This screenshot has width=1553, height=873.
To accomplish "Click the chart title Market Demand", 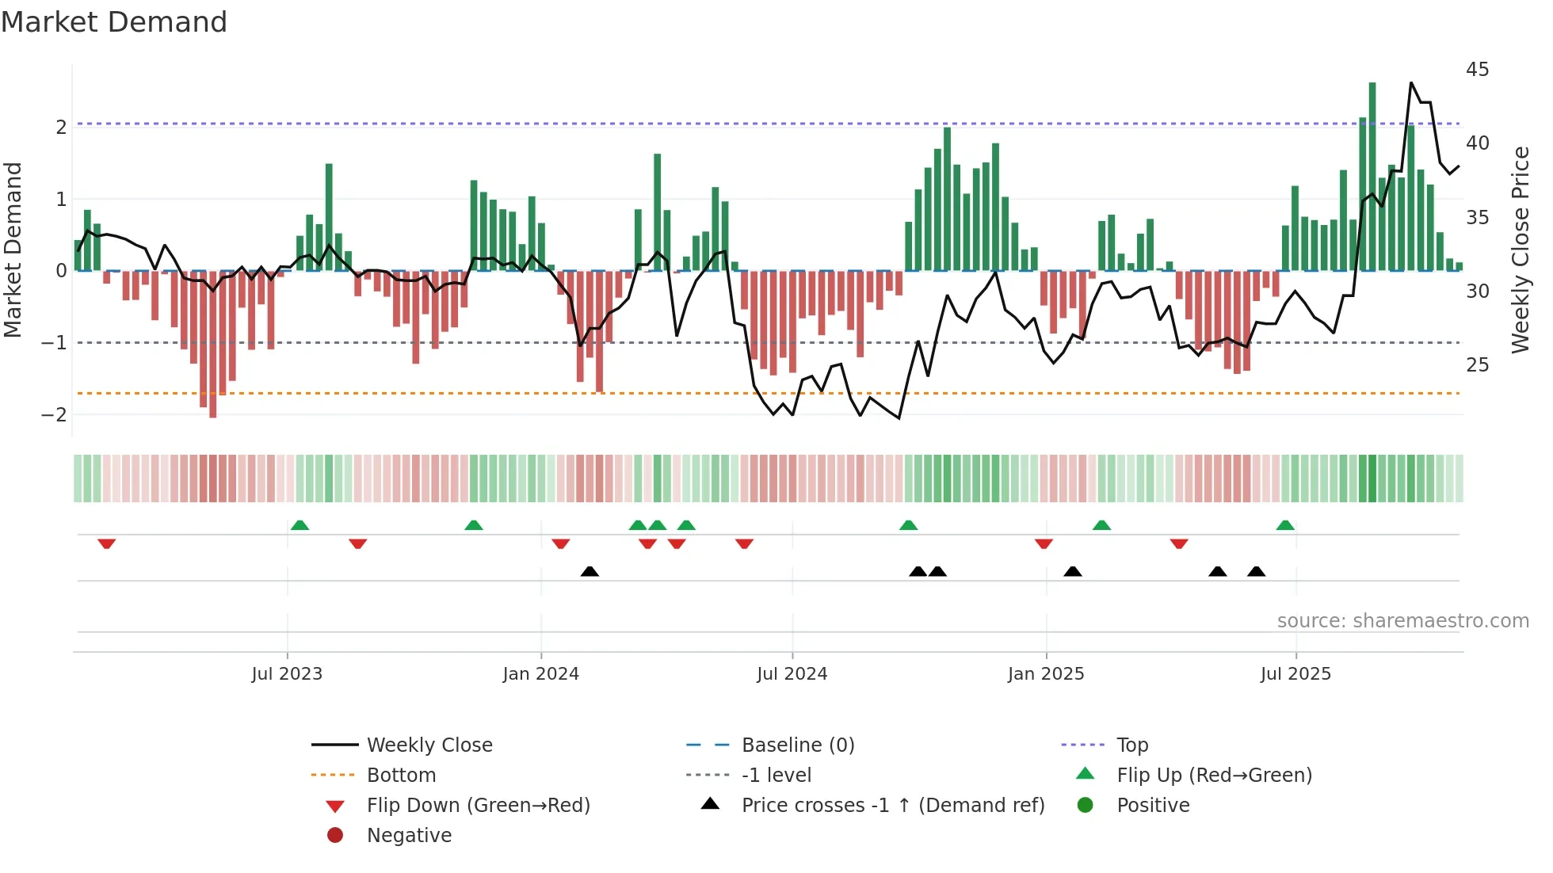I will (x=114, y=22).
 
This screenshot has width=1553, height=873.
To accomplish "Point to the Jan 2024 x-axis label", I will (x=540, y=674).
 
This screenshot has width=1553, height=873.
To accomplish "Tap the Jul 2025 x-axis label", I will (x=1295, y=674).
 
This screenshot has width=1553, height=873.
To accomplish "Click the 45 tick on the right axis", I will (x=1477, y=70).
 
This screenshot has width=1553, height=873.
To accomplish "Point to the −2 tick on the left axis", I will (x=54, y=414).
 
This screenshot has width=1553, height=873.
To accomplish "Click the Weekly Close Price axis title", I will (x=1520, y=250).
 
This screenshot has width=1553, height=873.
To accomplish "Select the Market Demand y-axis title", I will (x=13, y=250).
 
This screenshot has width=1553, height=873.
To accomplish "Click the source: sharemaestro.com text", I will (x=1402, y=621).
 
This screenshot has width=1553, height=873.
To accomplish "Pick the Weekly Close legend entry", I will (x=429, y=745).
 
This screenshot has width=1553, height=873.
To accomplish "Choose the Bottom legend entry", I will (x=401, y=776).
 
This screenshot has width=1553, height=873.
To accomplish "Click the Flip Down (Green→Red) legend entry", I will (x=478, y=806).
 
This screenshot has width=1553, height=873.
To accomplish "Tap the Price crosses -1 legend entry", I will (x=892, y=806).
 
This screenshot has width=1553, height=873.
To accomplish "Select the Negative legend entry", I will (x=409, y=836).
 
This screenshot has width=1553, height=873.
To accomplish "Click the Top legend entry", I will (x=1132, y=745).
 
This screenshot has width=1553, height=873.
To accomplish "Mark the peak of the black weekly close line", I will (x=1411, y=82).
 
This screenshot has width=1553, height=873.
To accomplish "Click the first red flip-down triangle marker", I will (x=107, y=543).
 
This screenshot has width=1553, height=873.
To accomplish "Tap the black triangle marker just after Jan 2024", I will (x=590, y=571).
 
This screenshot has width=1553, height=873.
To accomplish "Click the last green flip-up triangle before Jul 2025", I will (x=1285, y=525).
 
